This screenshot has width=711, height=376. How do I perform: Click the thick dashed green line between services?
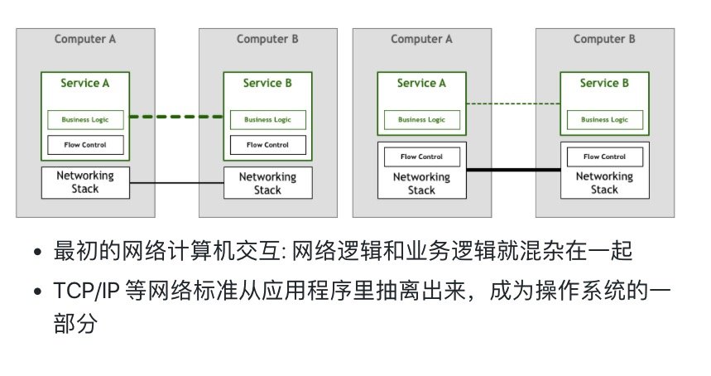click(176, 117)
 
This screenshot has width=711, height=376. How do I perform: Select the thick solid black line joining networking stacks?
click(513, 170)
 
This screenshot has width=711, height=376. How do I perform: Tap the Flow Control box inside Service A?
click(85, 145)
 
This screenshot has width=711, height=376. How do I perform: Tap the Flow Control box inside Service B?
click(267, 145)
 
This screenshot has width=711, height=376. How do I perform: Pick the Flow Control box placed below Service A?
click(421, 157)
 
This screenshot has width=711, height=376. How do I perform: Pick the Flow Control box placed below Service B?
click(604, 157)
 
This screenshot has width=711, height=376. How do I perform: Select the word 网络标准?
click(218, 292)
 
